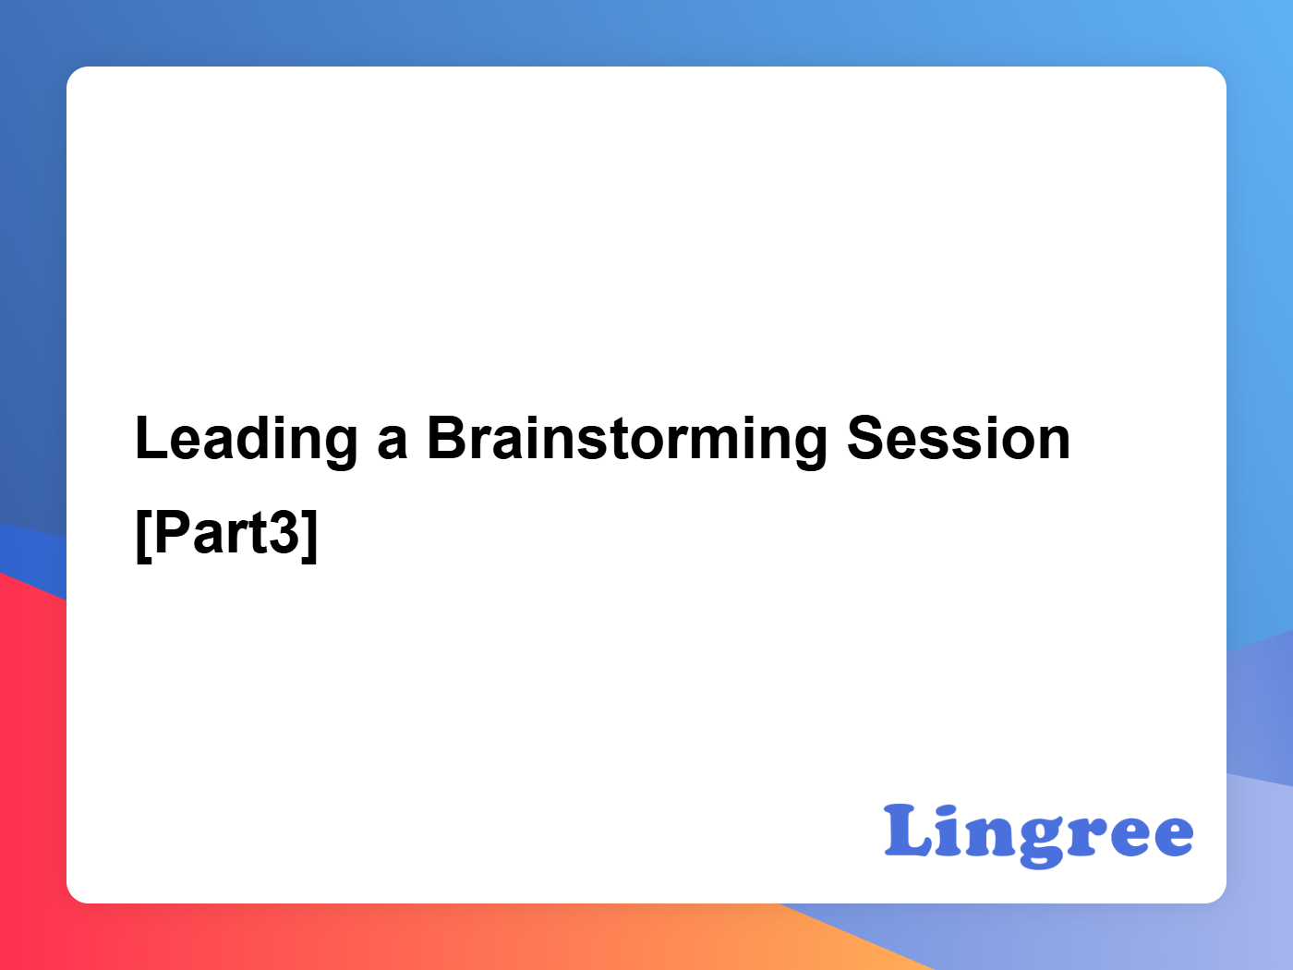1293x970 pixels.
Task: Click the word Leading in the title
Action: [x=247, y=441]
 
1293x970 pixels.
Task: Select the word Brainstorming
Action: [x=627, y=441]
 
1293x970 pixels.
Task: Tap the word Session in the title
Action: [x=959, y=438]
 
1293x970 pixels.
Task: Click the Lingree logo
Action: [x=1038, y=836]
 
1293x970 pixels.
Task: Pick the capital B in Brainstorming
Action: [x=449, y=438]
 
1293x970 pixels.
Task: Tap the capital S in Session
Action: [x=868, y=438]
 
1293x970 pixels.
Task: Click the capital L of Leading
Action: [x=152, y=438]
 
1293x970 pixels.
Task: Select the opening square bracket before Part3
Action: [x=144, y=536]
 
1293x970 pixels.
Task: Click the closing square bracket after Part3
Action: [x=309, y=536]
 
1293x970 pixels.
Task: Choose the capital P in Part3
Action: [x=174, y=532]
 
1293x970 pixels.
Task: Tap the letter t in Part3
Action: [x=257, y=535]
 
